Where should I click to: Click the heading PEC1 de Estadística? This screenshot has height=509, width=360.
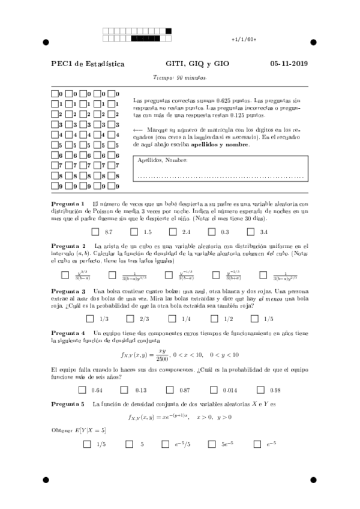coord(88,64)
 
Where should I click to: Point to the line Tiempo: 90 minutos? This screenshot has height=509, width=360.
coord(180,77)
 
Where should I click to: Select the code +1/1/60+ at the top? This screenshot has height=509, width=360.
coord(244,39)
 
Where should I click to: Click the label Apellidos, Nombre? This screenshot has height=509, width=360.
coord(163,160)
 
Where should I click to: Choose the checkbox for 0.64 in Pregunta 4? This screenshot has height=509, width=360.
coord(83,390)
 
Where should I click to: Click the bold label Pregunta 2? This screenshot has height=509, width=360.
coord(68,246)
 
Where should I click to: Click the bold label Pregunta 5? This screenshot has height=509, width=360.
coord(68,404)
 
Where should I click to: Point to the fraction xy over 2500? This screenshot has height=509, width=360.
coord(162,355)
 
